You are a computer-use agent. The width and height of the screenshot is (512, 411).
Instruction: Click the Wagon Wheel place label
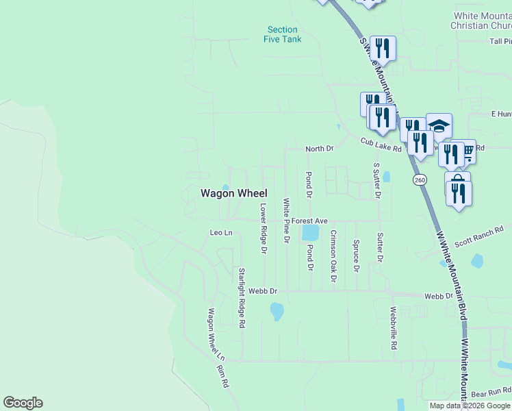(x=233, y=194)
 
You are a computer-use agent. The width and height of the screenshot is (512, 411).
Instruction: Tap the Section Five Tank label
(x=283, y=34)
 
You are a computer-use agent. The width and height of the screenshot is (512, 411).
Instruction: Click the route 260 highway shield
(x=420, y=179)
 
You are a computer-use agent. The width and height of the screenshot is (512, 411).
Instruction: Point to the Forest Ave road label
(x=309, y=221)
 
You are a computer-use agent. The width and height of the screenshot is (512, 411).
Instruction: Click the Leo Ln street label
(x=221, y=234)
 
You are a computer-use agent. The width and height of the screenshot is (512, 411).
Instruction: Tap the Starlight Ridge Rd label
(x=242, y=298)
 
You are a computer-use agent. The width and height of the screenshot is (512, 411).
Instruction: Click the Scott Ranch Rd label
(x=479, y=236)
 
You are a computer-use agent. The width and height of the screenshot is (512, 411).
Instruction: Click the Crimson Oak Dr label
(x=333, y=256)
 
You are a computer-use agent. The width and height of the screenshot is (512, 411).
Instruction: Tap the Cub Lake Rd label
(x=381, y=145)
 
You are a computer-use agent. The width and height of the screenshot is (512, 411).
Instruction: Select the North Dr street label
(x=319, y=149)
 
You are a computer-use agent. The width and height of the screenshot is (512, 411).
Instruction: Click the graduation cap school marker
(x=439, y=125)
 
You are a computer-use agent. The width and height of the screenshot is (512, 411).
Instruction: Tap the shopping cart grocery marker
(x=468, y=150)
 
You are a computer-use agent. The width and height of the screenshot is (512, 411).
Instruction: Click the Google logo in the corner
(x=23, y=403)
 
